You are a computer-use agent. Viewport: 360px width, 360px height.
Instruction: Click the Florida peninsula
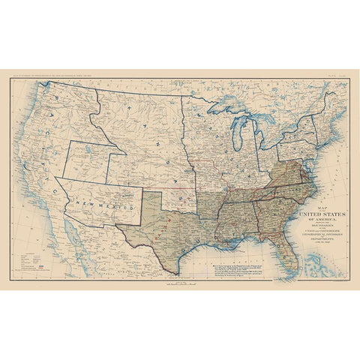[x=283, y=253]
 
